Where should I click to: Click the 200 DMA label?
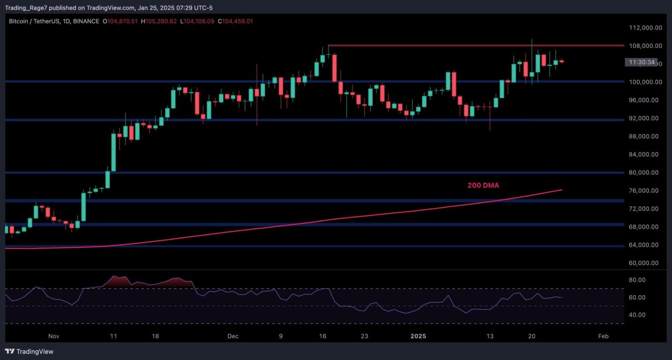483,185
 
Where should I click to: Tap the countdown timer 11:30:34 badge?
641,62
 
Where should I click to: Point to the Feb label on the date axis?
603,336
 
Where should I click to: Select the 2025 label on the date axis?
418,336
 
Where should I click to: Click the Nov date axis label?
53,336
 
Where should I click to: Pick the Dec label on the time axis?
233,336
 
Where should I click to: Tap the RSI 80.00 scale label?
637,280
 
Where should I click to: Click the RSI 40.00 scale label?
637,315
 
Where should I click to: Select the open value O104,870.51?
120,21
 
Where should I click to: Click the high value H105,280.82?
159,21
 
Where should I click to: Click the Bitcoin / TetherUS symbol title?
34,21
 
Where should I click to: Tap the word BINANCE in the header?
86,21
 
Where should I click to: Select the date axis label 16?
322,336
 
